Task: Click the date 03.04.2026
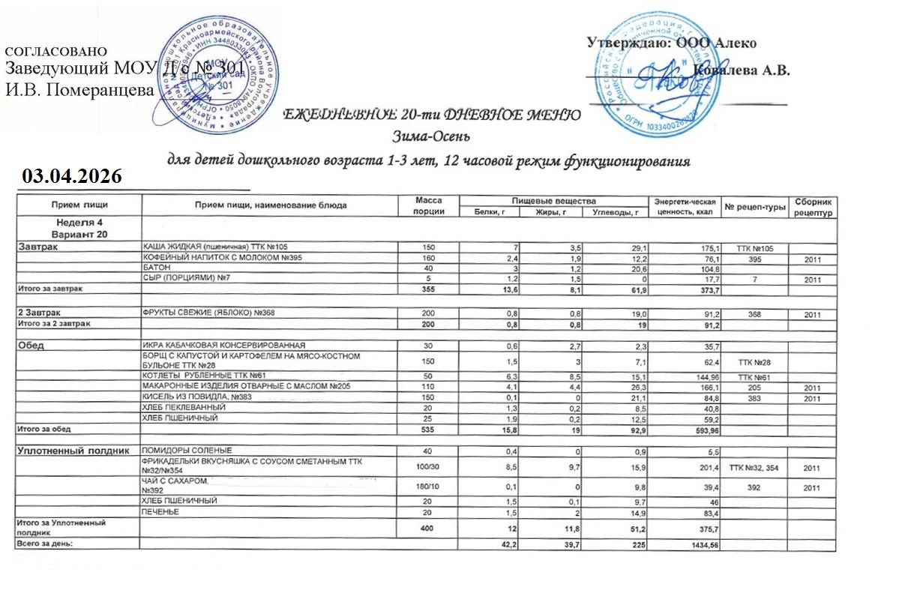point(72,176)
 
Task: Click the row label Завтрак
point(38,247)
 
